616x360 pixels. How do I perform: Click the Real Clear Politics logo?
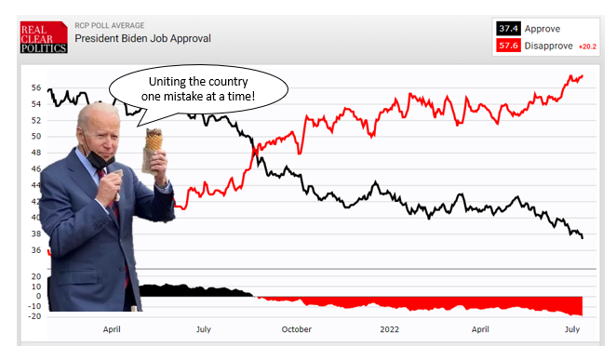44,37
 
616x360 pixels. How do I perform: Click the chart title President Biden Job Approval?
142,38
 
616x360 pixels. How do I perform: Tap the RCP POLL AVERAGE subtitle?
110,25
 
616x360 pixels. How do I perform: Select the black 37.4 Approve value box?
508,29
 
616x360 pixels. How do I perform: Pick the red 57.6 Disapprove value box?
508,46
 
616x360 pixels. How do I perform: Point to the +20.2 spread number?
587,47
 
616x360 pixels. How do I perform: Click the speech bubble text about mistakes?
198,88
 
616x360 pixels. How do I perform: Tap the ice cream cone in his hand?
153,150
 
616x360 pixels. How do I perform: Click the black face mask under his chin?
99,157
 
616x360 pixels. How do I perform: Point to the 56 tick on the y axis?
36,88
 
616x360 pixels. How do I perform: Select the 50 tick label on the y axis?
36,137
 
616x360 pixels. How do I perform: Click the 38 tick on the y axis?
36,234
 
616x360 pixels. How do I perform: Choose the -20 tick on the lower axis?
34,316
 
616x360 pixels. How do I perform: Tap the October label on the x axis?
297,329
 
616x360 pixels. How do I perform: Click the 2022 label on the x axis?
389,329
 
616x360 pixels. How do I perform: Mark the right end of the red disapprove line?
583,75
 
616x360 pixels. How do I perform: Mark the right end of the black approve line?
583,238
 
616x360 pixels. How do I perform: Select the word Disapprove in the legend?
548,46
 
